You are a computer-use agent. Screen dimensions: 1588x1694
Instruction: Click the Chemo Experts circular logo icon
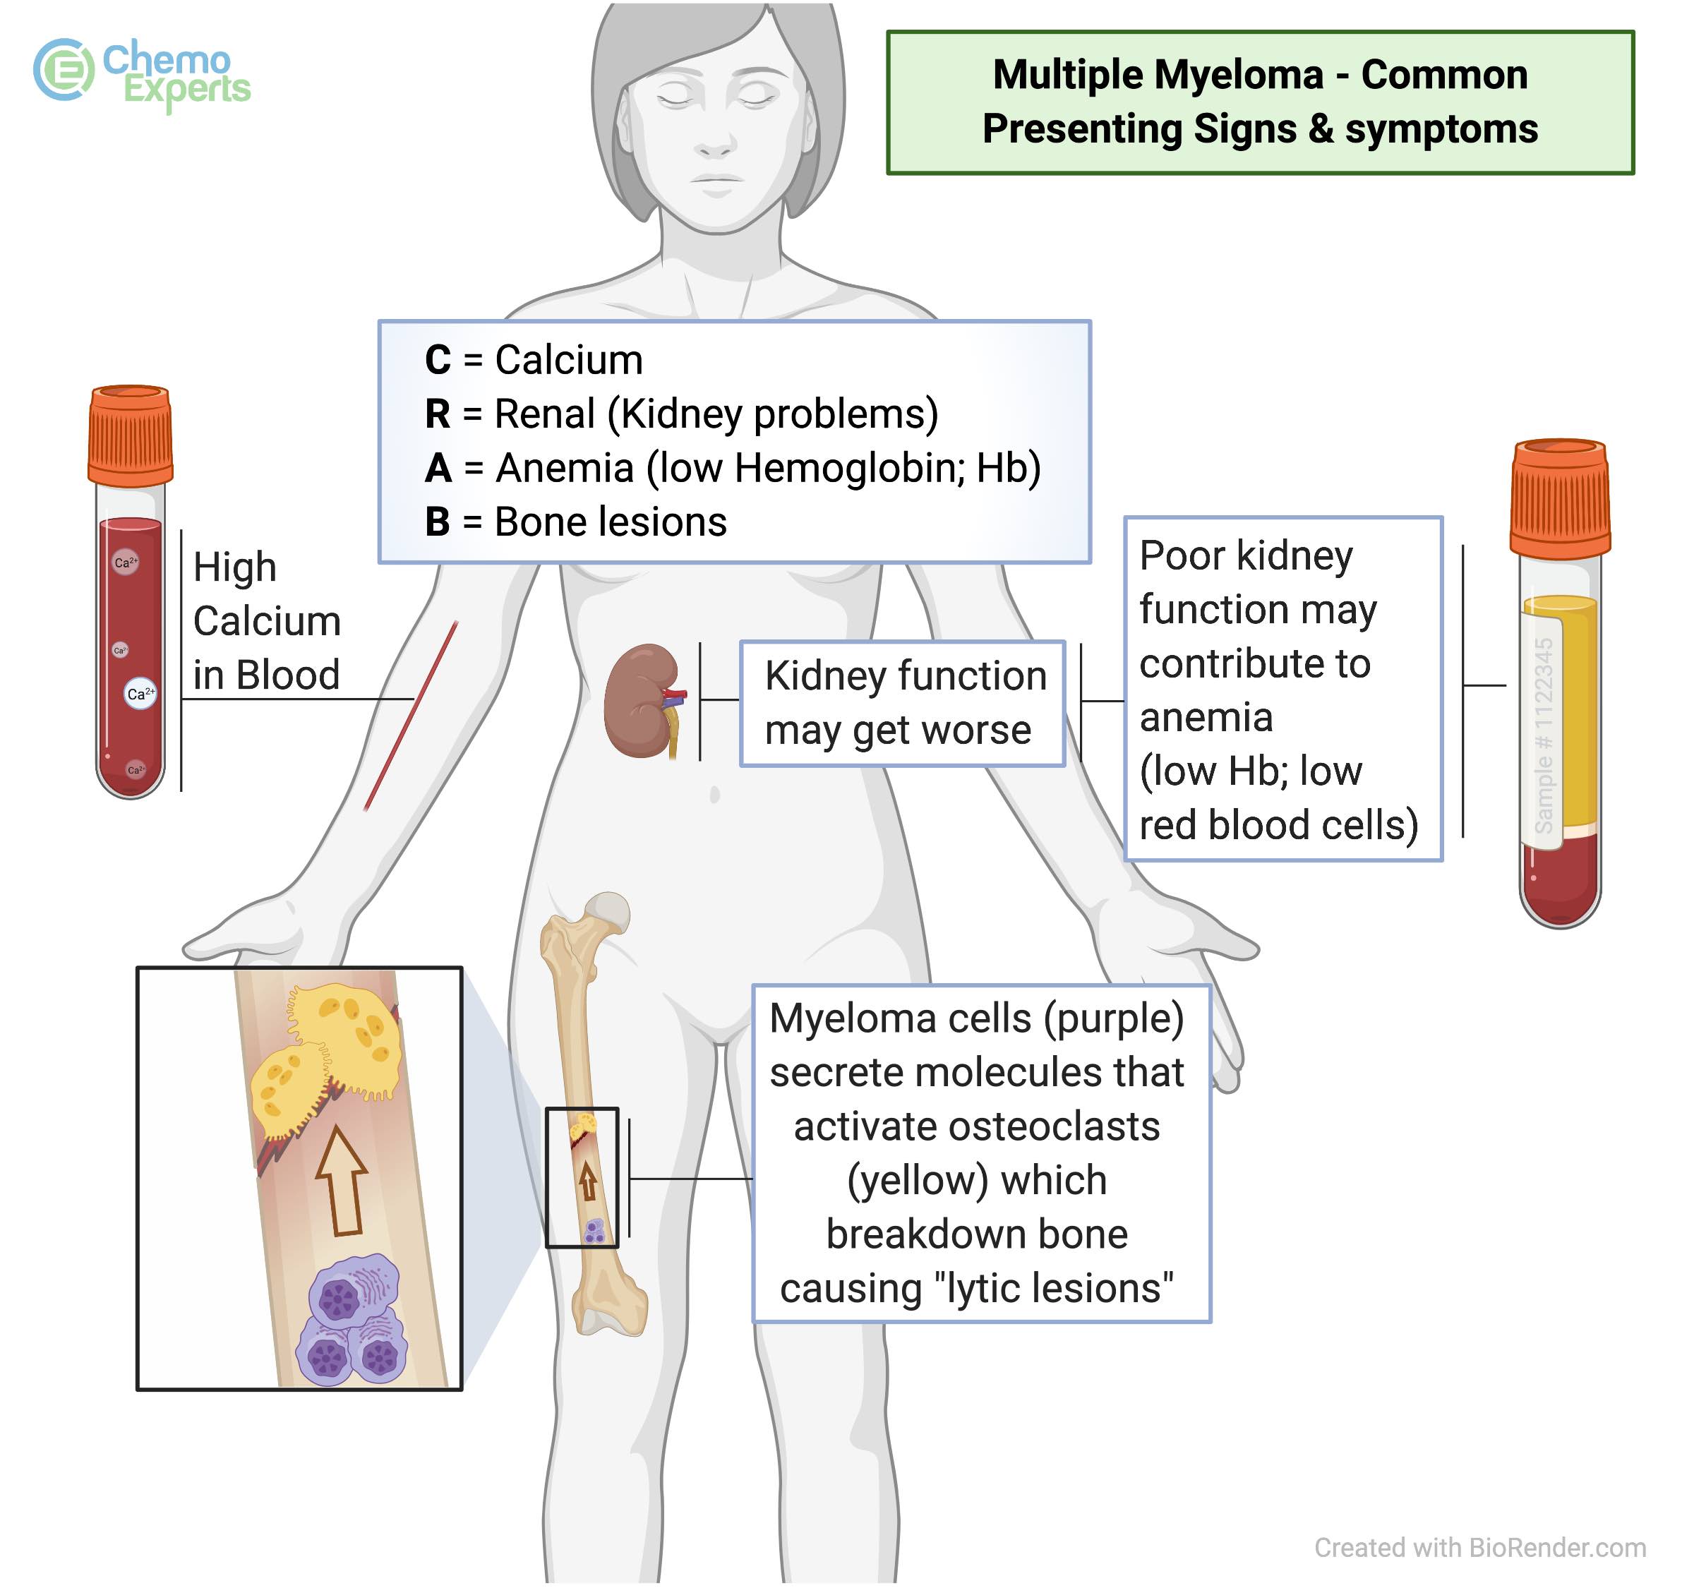point(64,70)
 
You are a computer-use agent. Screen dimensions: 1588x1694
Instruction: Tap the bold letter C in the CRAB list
point(437,361)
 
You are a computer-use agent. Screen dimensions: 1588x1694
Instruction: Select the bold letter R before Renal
point(437,415)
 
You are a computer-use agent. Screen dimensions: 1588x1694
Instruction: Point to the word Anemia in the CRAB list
point(565,469)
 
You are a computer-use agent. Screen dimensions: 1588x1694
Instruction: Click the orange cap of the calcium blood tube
point(131,435)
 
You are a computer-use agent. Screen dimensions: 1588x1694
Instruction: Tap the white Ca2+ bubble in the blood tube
point(140,694)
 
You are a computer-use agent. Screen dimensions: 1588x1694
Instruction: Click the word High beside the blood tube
point(234,567)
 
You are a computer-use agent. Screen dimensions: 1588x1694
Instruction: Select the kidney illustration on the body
point(641,700)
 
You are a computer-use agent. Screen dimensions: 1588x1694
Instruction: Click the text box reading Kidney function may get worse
point(903,704)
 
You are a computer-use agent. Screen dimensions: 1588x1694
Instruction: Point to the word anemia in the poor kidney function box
point(1206,718)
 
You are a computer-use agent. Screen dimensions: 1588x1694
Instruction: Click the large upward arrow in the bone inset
point(344,1181)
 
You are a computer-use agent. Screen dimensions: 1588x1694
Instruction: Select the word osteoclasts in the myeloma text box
point(977,1127)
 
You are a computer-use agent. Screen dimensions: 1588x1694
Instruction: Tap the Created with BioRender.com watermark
point(1479,1548)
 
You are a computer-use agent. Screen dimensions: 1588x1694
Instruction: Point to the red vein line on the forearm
point(411,716)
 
